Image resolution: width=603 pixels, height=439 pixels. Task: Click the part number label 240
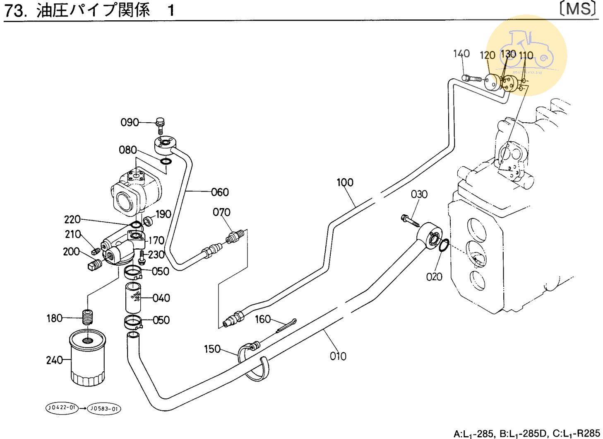pyautogui.click(x=54, y=360)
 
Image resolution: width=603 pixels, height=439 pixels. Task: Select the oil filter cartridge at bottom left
pyautogui.click(x=87, y=357)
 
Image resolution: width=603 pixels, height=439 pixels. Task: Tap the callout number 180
pyautogui.click(x=54, y=318)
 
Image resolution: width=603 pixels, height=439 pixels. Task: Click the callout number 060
pyautogui.click(x=220, y=192)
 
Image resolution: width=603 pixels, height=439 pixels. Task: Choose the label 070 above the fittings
pyautogui.click(x=221, y=212)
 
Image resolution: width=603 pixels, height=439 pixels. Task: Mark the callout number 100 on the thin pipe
pyautogui.click(x=345, y=182)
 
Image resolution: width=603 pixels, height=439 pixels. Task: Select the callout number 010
pyautogui.click(x=338, y=356)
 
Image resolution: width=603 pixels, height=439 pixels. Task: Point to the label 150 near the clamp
pyautogui.click(x=212, y=349)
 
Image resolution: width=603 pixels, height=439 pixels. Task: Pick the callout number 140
pyautogui.click(x=461, y=53)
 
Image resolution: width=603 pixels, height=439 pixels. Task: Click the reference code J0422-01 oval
pyautogui.click(x=61, y=408)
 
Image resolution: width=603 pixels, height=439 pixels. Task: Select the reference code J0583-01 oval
pyautogui.click(x=104, y=409)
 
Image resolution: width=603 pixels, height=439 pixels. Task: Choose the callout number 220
pyautogui.click(x=72, y=219)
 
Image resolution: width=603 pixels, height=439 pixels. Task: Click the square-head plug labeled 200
pyautogui.click(x=95, y=265)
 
